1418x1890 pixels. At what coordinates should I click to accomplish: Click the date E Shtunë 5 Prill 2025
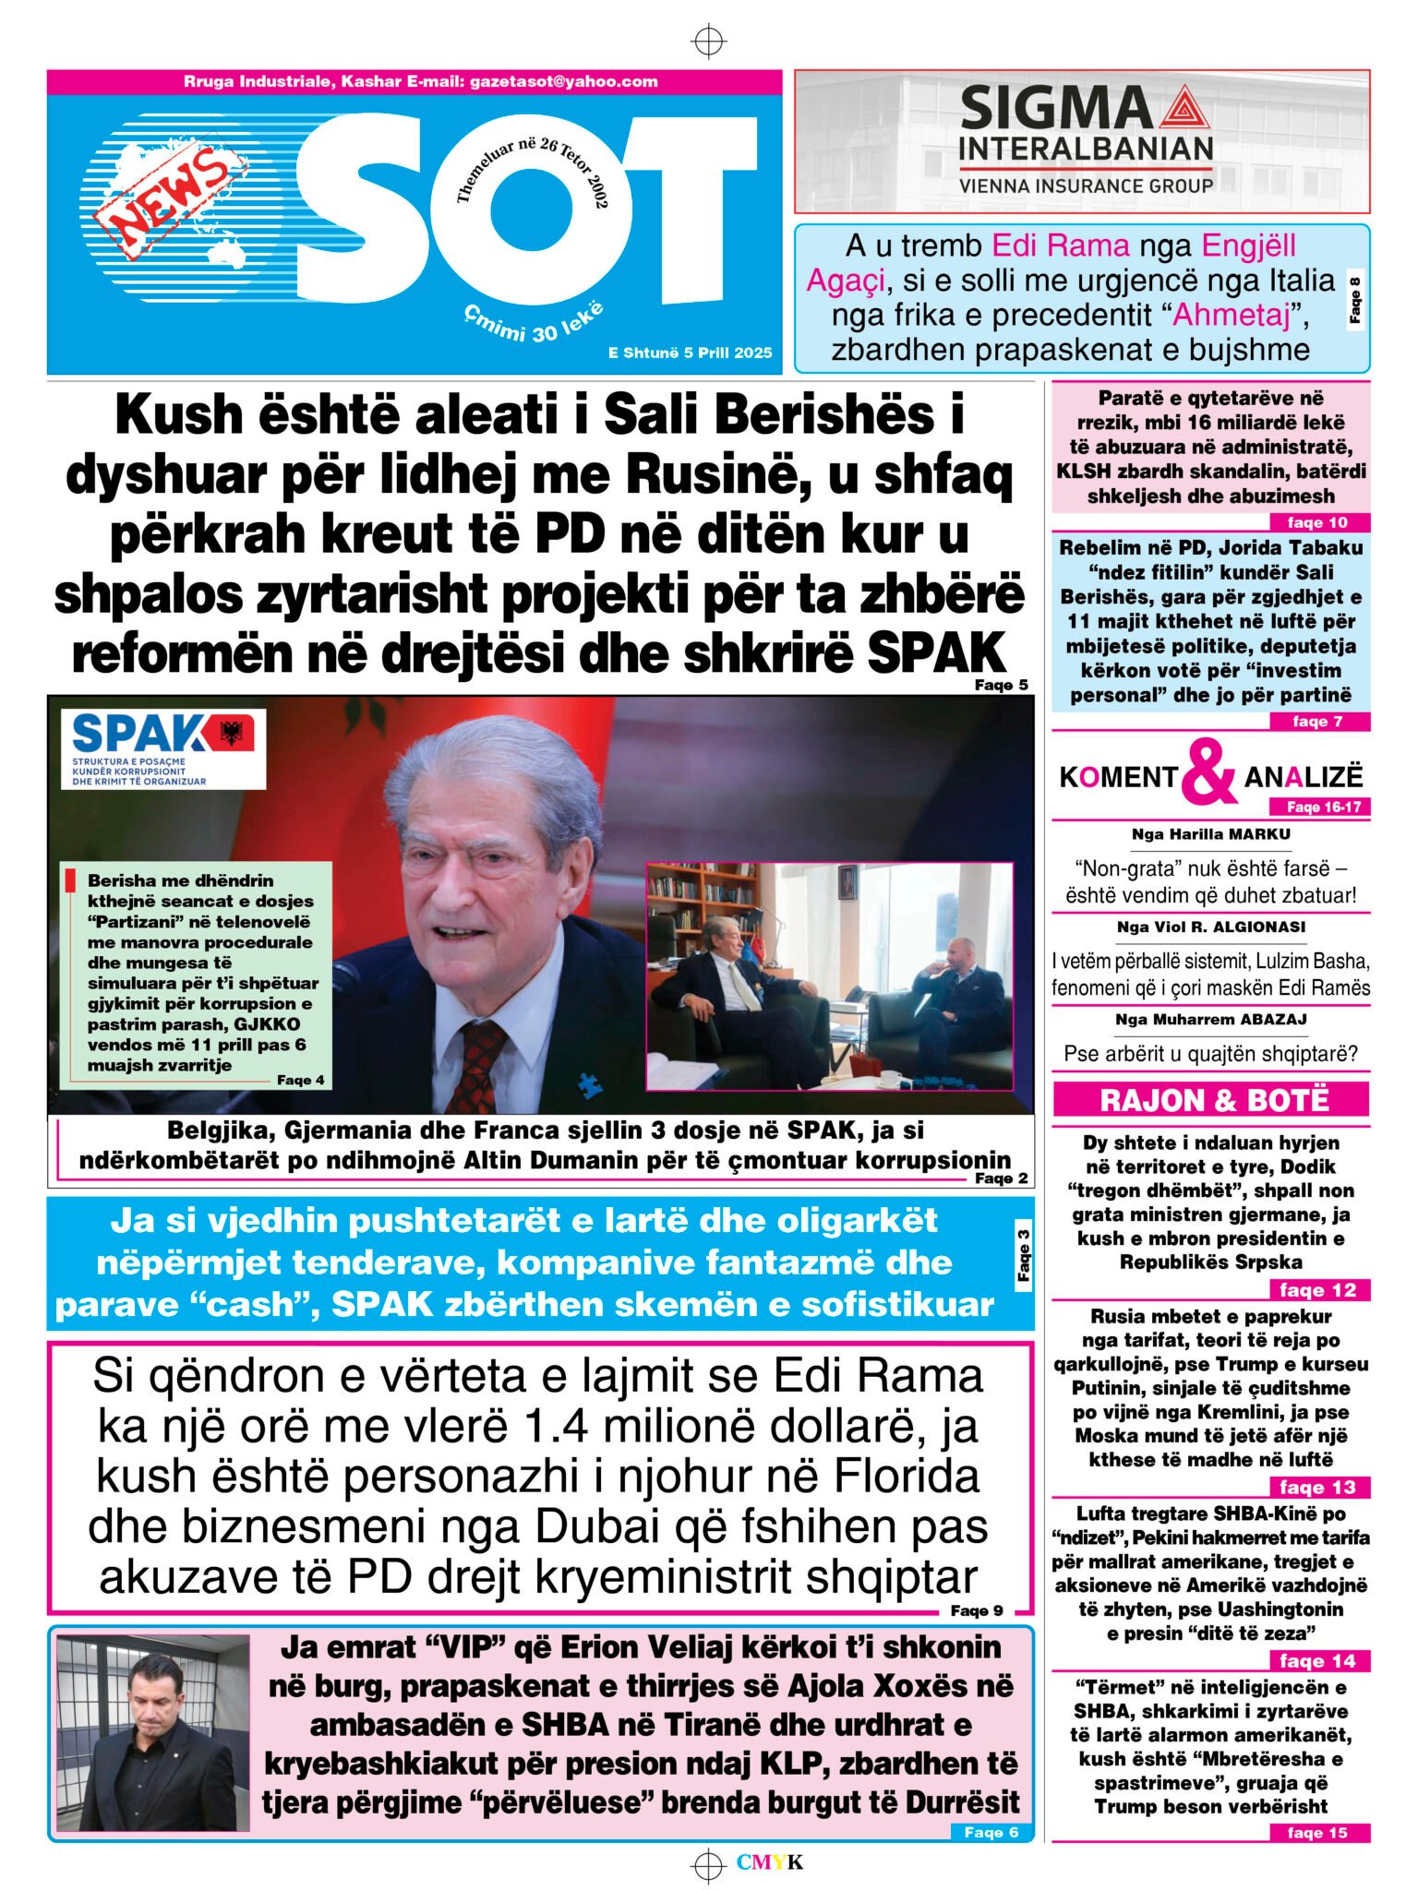click(x=690, y=353)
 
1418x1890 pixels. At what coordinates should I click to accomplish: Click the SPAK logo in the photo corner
click(x=162, y=748)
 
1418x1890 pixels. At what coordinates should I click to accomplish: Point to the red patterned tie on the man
click(x=477, y=1062)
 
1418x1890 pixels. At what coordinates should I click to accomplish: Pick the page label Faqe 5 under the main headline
click(x=1000, y=685)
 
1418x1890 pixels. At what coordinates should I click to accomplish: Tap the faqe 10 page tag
click(x=1316, y=522)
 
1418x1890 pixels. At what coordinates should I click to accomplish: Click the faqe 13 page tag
click(x=1316, y=1487)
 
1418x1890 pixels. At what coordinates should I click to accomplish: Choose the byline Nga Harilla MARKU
click(x=1210, y=834)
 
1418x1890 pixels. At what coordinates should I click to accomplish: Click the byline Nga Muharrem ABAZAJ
click(x=1210, y=1020)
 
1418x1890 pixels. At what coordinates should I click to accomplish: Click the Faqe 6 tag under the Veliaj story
click(x=991, y=1833)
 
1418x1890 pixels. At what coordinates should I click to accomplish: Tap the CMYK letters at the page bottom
click(x=769, y=1862)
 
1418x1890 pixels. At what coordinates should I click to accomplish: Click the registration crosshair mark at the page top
click(x=708, y=42)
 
